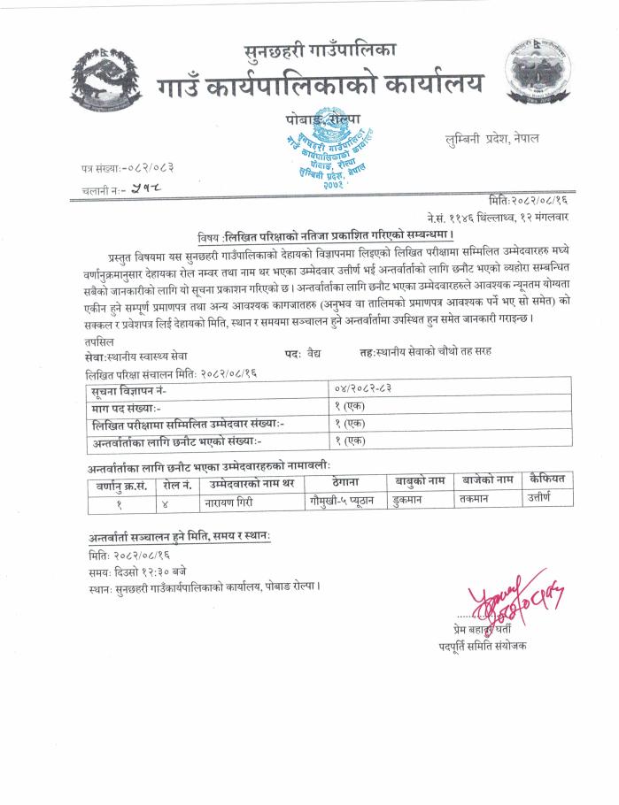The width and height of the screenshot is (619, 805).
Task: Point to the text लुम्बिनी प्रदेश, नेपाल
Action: (491, 139)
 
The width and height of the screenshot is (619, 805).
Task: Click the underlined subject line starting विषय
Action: (325, 236)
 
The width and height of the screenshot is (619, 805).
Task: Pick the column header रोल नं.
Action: (177, 485)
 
